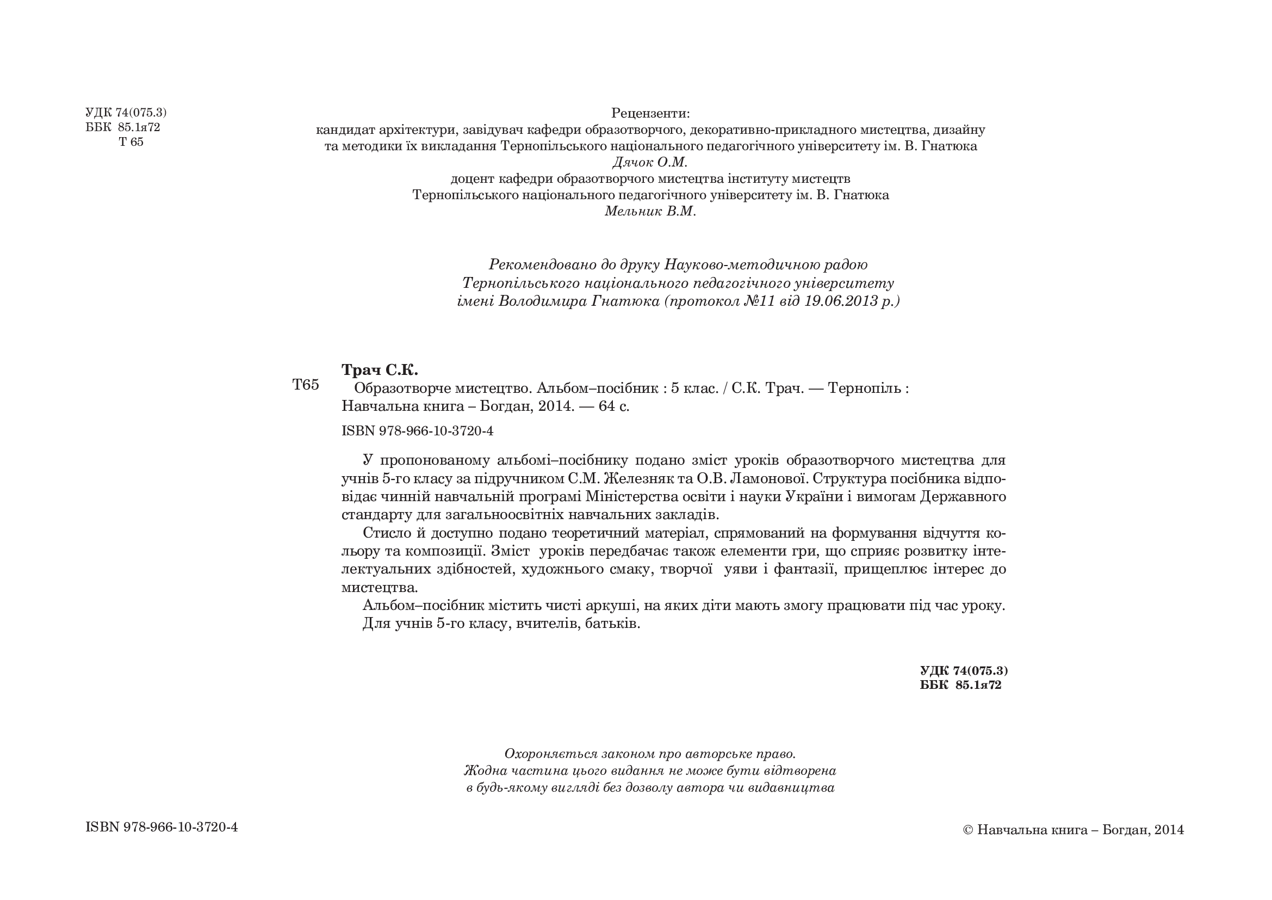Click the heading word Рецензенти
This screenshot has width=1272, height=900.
[650, 114]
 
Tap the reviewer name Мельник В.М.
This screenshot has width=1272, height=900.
[650, 211]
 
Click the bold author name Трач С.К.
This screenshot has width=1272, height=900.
[380, 369]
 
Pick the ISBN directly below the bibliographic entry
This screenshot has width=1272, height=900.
[417, 430]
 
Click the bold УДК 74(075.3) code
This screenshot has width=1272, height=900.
[964, 671]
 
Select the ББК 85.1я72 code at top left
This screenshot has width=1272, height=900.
[122, 127]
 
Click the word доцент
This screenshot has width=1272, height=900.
[473, 179]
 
